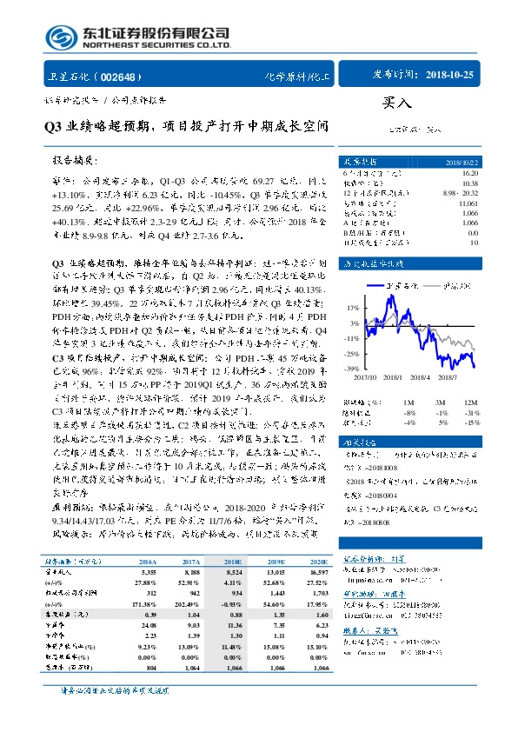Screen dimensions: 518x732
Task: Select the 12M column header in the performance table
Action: pyautogui.click(x=470, y=403)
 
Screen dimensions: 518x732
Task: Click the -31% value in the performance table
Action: pyautogui.click(x=470, y=413)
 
